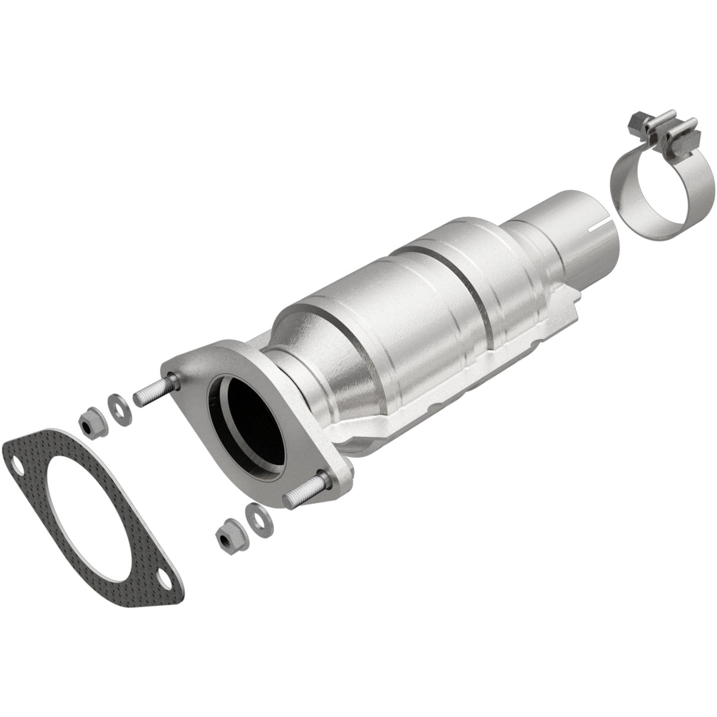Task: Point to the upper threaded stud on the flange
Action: click(x=152, y=391)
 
